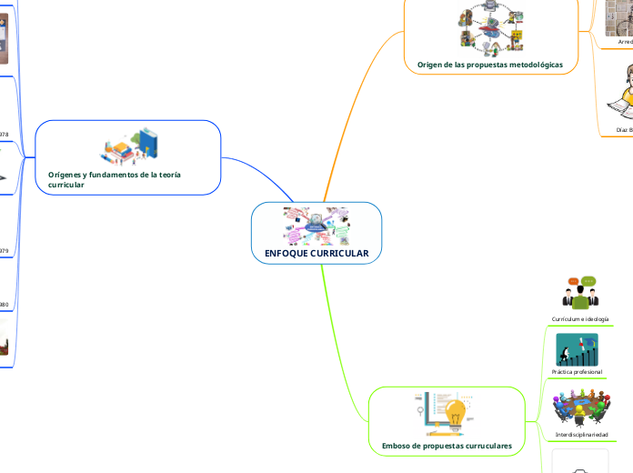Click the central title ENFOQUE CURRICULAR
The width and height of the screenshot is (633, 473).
pos(316,253)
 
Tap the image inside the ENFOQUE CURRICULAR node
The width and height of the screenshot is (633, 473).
pos(316,226)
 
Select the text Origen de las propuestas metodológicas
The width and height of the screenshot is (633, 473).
pos(489,65)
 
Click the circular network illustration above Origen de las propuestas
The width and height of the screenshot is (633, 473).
pos(490,29)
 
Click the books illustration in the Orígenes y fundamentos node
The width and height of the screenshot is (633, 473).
pos(129,145)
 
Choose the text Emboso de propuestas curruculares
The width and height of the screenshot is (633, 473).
pos(447,446)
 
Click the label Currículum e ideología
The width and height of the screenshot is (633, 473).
pos(579,319)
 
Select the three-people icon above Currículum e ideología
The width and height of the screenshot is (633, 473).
pos(578,293)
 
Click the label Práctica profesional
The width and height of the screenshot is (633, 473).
pos(577,372)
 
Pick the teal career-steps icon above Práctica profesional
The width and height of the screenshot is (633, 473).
pos(577,349)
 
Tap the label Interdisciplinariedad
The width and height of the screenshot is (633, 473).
pos(581,435)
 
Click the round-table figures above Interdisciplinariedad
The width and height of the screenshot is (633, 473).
pos(581,408)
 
